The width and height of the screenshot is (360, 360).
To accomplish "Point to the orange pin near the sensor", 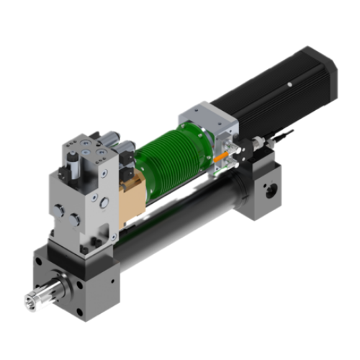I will pos(225,153).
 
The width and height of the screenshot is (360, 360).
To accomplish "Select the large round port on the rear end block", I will pos(272,193).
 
